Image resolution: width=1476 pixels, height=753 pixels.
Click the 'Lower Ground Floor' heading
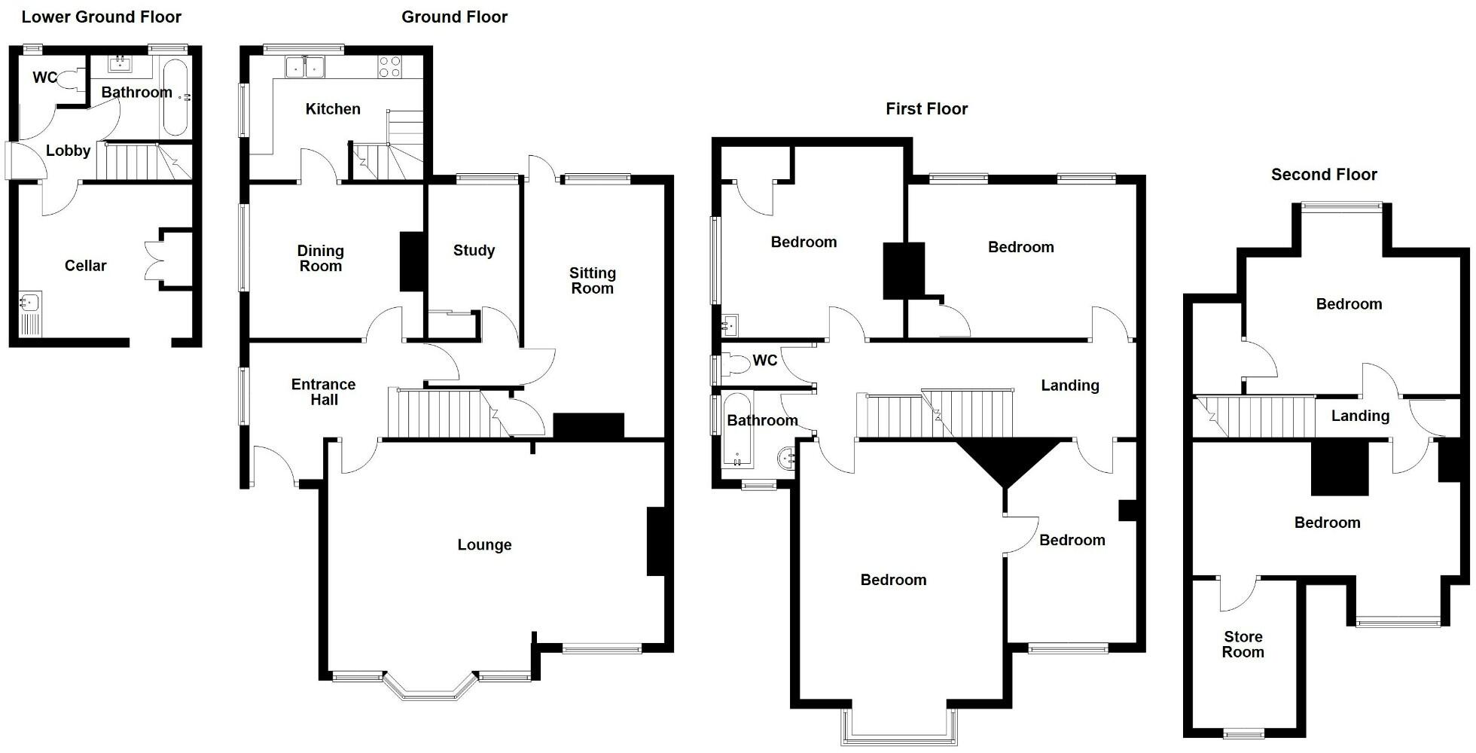(102, 17)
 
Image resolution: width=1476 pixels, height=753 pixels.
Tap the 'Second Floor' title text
(1324, 175)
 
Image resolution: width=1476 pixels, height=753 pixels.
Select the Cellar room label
(85, 265)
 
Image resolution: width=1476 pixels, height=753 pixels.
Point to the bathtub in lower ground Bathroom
(175, 97)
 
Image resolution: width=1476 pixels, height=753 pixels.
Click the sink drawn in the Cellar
(30, 303)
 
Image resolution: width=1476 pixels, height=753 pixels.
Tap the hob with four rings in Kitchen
(389, 67)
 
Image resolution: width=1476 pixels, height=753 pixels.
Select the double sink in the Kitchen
(305, 68)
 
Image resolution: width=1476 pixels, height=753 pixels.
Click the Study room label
(474, 250)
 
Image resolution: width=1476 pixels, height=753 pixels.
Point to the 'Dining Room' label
(320, 258)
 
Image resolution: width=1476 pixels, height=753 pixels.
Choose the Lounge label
(484, 544)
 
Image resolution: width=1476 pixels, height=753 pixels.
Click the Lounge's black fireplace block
(656, 541)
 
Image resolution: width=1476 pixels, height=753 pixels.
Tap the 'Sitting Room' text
(592, 280)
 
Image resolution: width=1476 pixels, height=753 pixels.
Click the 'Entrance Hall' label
(323, 392)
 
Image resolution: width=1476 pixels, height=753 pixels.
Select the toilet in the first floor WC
(736, 364)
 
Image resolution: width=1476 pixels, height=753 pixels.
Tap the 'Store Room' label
(1243, 645)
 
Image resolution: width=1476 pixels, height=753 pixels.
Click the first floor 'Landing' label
(1069, 386)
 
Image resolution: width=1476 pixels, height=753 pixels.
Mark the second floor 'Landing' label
(1359, 416)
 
